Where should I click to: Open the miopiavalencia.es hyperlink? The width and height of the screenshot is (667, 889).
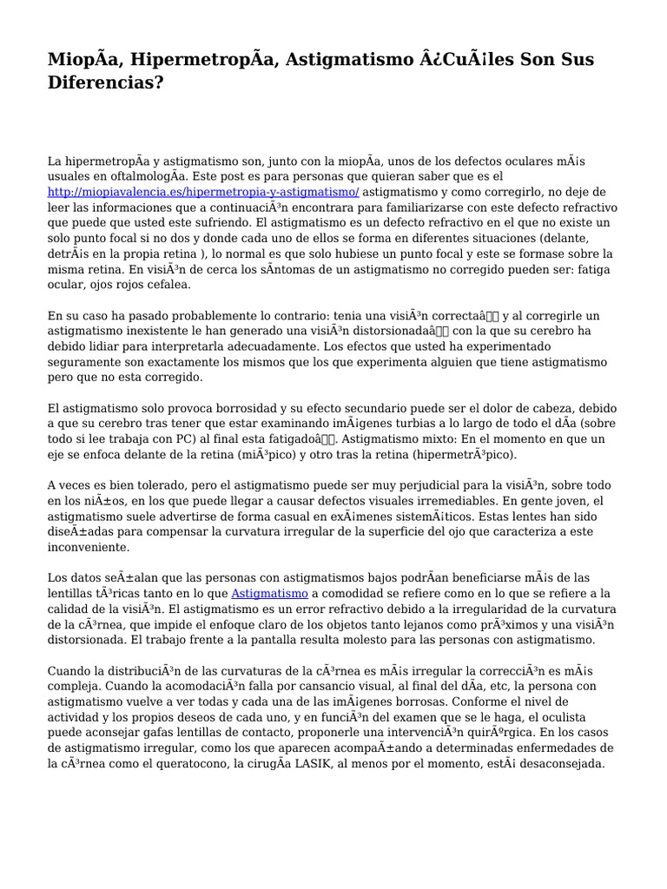click(203, 192)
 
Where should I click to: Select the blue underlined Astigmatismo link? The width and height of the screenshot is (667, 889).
click(269, 593)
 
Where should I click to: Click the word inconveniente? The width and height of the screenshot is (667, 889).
click(88, 548)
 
